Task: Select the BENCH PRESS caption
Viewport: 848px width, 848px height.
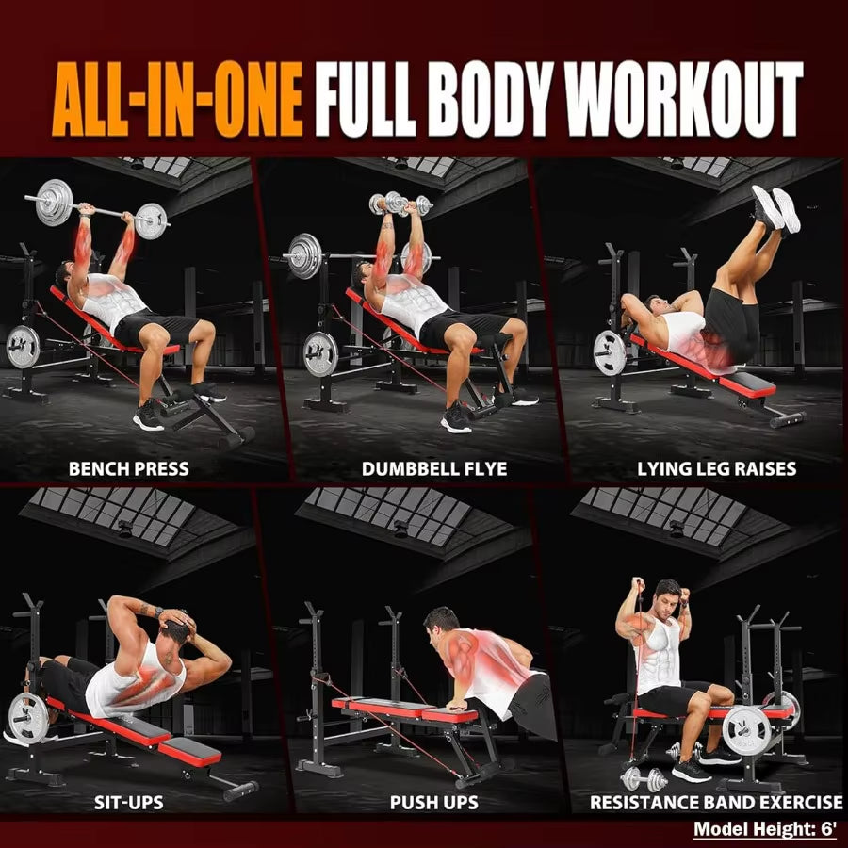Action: [x=129, y=468]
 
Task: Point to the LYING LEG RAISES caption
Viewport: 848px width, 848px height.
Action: [x=716, y=468]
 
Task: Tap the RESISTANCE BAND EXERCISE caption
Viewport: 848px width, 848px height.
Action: [x=716, y=803]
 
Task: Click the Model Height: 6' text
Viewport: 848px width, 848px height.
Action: [x=765, y=830]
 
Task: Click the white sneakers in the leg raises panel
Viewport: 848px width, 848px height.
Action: [x=775, y=207]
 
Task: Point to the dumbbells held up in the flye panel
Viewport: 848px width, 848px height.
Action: [x=400, y=204]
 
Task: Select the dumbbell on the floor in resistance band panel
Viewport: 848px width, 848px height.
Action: [x=644, y=779]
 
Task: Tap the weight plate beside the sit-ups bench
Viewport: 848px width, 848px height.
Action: [x=27, y=718]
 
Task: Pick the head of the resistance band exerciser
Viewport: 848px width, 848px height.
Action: [x=667, y=599]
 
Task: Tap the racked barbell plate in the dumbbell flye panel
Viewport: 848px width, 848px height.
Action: [x=304, y=255]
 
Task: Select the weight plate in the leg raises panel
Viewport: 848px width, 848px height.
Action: [x=610, y=352]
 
